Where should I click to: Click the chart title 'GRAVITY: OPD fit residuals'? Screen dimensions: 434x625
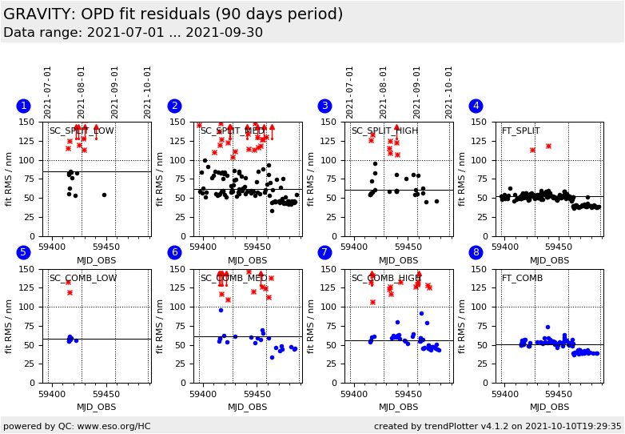pos(173,14)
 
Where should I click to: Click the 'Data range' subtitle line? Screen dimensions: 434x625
pos(133,33)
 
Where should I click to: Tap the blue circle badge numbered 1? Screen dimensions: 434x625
pos(23,106)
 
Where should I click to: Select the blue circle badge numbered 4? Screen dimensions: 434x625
pos(476,106)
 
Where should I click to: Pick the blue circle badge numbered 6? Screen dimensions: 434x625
pos(174,253)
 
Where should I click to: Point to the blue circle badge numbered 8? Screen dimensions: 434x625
pos(476,253)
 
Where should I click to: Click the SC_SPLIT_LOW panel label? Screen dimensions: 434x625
pos(82,131)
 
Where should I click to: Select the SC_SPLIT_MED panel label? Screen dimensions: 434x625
pos(233,131)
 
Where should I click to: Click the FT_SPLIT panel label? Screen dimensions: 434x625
pos(520,131)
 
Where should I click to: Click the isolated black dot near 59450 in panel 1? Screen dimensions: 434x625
pos(104,195)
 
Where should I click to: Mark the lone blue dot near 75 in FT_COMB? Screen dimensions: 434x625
pos(547,327)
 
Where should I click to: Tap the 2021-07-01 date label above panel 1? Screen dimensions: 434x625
pos(48,92)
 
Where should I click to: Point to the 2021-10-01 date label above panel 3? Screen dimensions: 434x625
pos(449,92)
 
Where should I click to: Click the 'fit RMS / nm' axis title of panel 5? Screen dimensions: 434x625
pos(10,325)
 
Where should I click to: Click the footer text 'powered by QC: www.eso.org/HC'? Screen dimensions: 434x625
pos(77,427)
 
